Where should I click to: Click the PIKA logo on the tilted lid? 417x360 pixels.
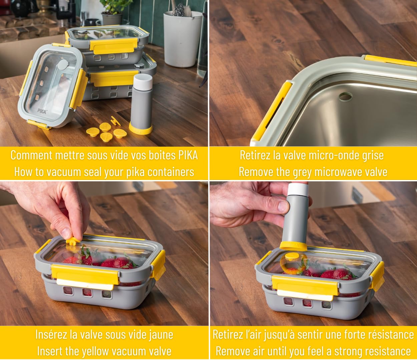42,111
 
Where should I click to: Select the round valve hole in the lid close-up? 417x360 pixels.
346,97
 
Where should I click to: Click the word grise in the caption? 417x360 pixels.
373,155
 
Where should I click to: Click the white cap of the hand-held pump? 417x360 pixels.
298,190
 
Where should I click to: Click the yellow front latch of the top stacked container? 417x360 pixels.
114,46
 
